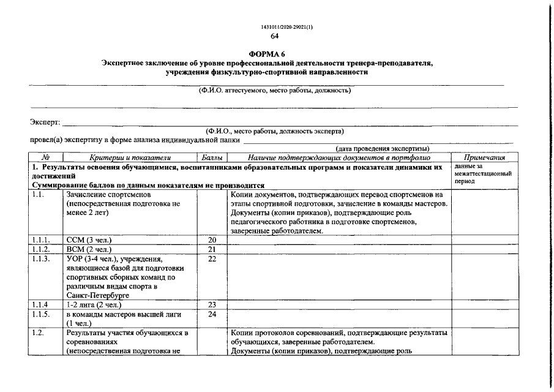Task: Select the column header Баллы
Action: click(x=212, y=157)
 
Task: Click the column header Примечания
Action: click(x=484, y=157)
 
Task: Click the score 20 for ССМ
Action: click(x=212, y=240)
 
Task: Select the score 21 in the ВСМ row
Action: click(x=212, y=249)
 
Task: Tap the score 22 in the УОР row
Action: click(x=212, y=259)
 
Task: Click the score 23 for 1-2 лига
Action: click(x=212, y=304)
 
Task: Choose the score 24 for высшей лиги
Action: click(x=212, y=314)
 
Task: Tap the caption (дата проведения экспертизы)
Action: click(x=382, y=149)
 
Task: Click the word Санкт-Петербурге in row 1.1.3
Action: click(x=95, y=295)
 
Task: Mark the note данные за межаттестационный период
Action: click(x=483, y=174)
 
